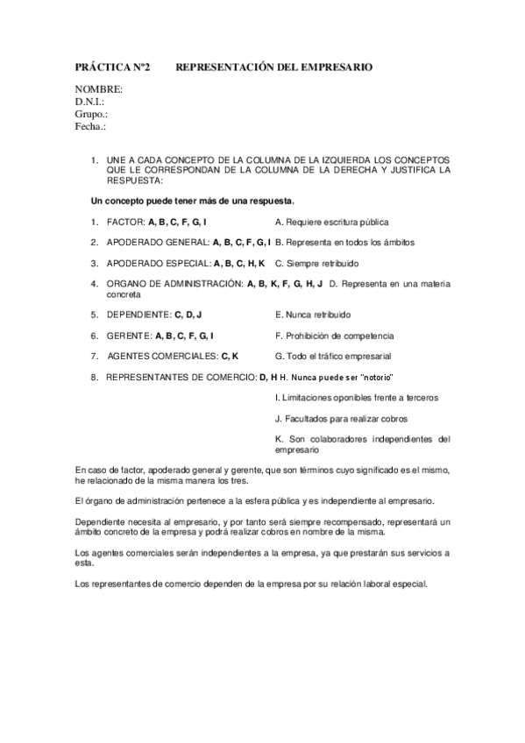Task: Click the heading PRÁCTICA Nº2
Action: coord(112,67)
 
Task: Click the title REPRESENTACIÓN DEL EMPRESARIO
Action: coord(274,67)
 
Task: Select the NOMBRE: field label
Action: coord(98,89)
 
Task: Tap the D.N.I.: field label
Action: coord(90,102)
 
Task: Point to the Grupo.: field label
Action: coord(91,114)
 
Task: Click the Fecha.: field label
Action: coord(90,126)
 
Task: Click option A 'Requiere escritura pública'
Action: coord(331,223)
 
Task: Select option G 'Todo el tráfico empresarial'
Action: coord(333,357)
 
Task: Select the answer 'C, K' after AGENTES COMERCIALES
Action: coord(230,357)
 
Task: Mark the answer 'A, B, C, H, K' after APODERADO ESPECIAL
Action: coord(239,263)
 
